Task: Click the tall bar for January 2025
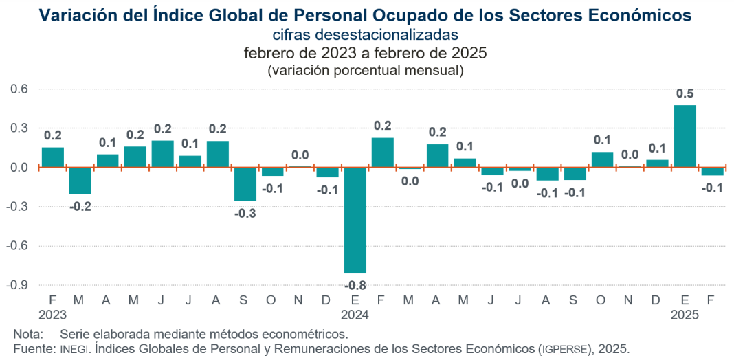click(685, 136)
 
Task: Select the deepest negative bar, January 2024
click(355, 220)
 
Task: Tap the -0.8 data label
click(355, 284)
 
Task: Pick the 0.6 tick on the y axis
click(18, 89)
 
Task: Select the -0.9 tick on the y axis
click(16, 284)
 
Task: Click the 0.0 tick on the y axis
click(18, 167)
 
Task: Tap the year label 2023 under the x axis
click(53, 315)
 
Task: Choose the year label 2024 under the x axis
click(355, 315)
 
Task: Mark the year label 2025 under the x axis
click(685, 315)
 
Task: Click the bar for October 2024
click(602, 159)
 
